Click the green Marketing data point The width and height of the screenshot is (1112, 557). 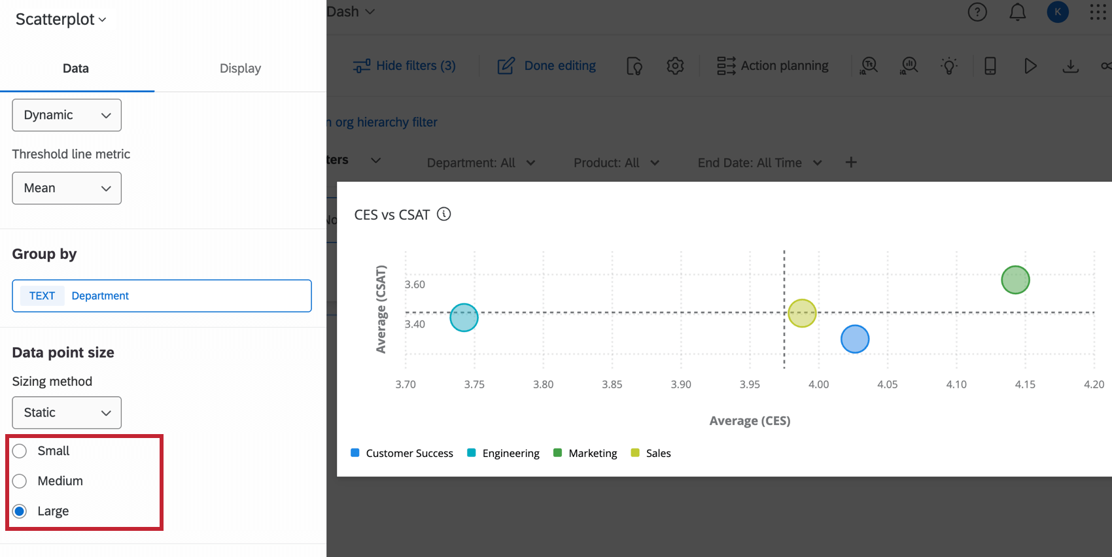1015,280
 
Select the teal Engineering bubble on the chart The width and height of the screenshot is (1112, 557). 464,318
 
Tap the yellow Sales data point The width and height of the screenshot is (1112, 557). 802,313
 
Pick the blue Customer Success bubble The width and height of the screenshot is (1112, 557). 855,339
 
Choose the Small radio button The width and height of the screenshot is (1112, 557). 20,451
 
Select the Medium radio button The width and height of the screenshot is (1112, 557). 20,481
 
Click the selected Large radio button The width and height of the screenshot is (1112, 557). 20,511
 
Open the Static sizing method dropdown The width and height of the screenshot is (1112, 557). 67,413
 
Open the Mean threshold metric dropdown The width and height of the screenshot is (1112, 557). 67,188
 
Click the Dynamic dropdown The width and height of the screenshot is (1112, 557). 67,115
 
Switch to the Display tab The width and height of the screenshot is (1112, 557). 240,69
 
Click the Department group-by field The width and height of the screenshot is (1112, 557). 162,296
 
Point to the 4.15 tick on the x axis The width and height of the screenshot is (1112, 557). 1025,384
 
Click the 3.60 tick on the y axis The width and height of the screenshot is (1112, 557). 415,284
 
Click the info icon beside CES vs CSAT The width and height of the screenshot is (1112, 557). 444,214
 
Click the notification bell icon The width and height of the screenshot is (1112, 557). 1018,12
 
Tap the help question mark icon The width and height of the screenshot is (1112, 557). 977,12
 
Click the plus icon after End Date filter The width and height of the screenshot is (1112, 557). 851,162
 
